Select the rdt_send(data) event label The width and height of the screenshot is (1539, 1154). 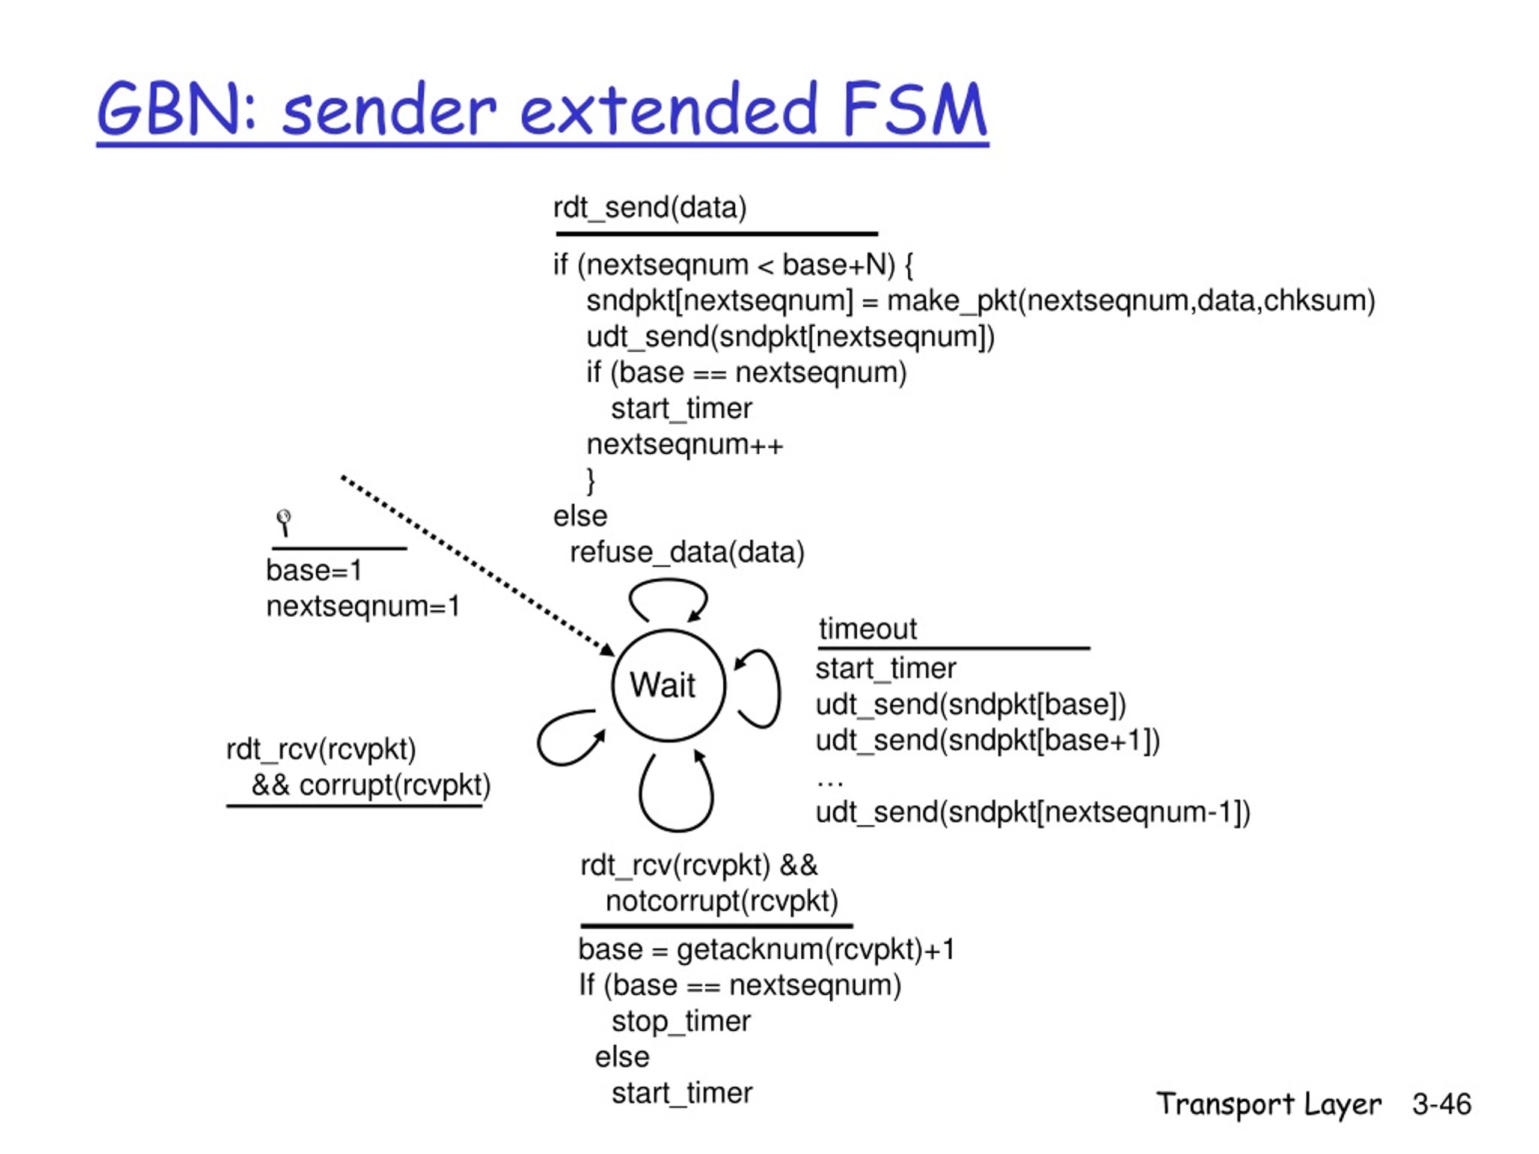click(649, 207)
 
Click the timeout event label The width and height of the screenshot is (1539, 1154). click(867, 628)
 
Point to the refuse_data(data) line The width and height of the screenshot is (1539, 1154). click(687, 552)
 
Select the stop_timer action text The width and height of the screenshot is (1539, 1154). click(681, 1021)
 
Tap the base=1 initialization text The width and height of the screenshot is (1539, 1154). click(314, 570)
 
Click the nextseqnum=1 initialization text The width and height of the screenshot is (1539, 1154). click(363, 606)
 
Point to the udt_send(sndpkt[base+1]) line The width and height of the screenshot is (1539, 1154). click(988, 740)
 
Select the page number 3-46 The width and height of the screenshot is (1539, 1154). click(1442, 1104)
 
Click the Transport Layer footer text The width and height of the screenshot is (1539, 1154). click(1268, 1105)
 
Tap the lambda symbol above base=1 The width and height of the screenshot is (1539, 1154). click(283, 522)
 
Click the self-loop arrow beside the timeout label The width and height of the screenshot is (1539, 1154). click(778, 689)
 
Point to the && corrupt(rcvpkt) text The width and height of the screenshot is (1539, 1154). click(371, 786)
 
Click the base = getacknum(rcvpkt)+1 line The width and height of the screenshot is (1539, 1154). click(766, 950)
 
